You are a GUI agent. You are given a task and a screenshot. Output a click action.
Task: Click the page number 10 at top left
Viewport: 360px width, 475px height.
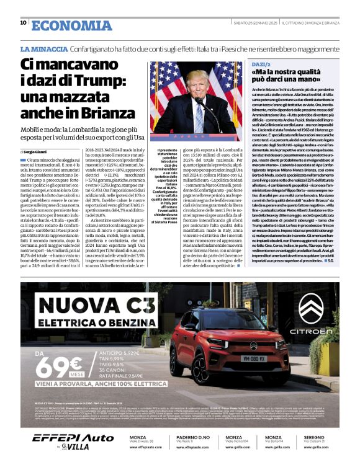point(23,23)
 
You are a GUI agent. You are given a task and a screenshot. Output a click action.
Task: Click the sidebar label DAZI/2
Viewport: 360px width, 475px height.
point(260,64)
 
